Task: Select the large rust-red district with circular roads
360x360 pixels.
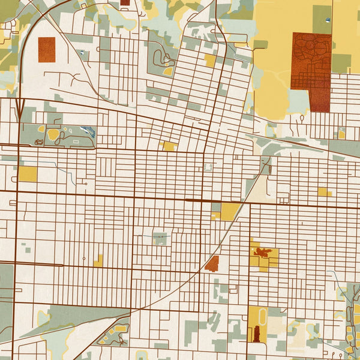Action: click(311, 71)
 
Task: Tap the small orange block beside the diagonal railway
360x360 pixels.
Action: click(212, 263)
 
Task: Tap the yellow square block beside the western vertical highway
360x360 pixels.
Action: click(27, 174)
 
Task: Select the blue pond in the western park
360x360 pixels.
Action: click(88, 131)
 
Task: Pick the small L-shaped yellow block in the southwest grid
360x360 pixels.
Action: click(98, 260)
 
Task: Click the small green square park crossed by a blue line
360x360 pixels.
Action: click(160, 238)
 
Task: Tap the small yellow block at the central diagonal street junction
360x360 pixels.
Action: click(169, 146)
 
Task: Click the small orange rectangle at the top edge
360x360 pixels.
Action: click(125, 2)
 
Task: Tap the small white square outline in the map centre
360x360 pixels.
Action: click(208, 168)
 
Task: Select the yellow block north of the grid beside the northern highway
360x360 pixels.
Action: click(210, 61)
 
